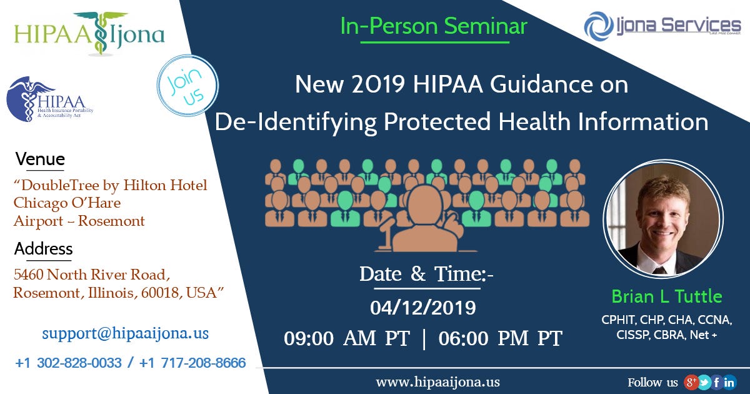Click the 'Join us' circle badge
point(189,86)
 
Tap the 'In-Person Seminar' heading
point(434,26)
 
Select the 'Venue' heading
point(40,159)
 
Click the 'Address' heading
point(43,249)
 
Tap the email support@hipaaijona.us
point(125,333)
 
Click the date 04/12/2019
point(422,308)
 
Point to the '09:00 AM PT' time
point(347,338)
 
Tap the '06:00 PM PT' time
point(500,338)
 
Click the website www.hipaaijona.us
point(437,381)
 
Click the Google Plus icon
point(691,382)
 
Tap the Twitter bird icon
point(704,382)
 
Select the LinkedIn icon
point(729,382)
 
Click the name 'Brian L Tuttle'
point(666,296)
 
